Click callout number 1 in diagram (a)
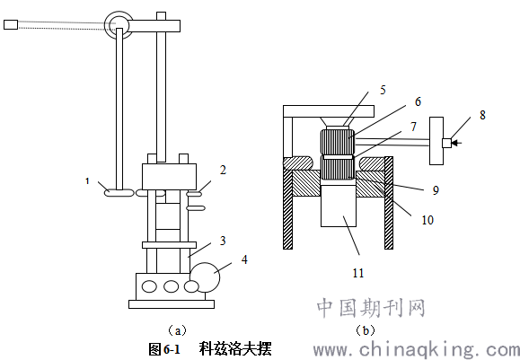[x=87, y=181]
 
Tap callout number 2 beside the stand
[x=224, y=170]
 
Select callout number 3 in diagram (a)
[x=223, y=241]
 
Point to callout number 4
[x=244, y=259]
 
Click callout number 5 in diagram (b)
[x=383, y=90]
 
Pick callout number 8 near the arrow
[x=482, y=115]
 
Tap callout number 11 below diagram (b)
[x=358, y=273]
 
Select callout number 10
[x=427, y=220]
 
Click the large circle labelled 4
[x=204, y=277]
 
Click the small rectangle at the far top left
[x=11, y=24]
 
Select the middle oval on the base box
[x=172, y=286]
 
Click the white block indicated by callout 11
[x=339, y=206]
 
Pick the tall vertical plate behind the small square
[x=436, y=141]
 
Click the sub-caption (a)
[x=178, y=330]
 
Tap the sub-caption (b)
[x=366, y=330]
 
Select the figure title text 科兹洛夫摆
[x=235, y=349]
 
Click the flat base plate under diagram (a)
[x=172, y=304]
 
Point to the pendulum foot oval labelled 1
[x=119, y=192]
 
